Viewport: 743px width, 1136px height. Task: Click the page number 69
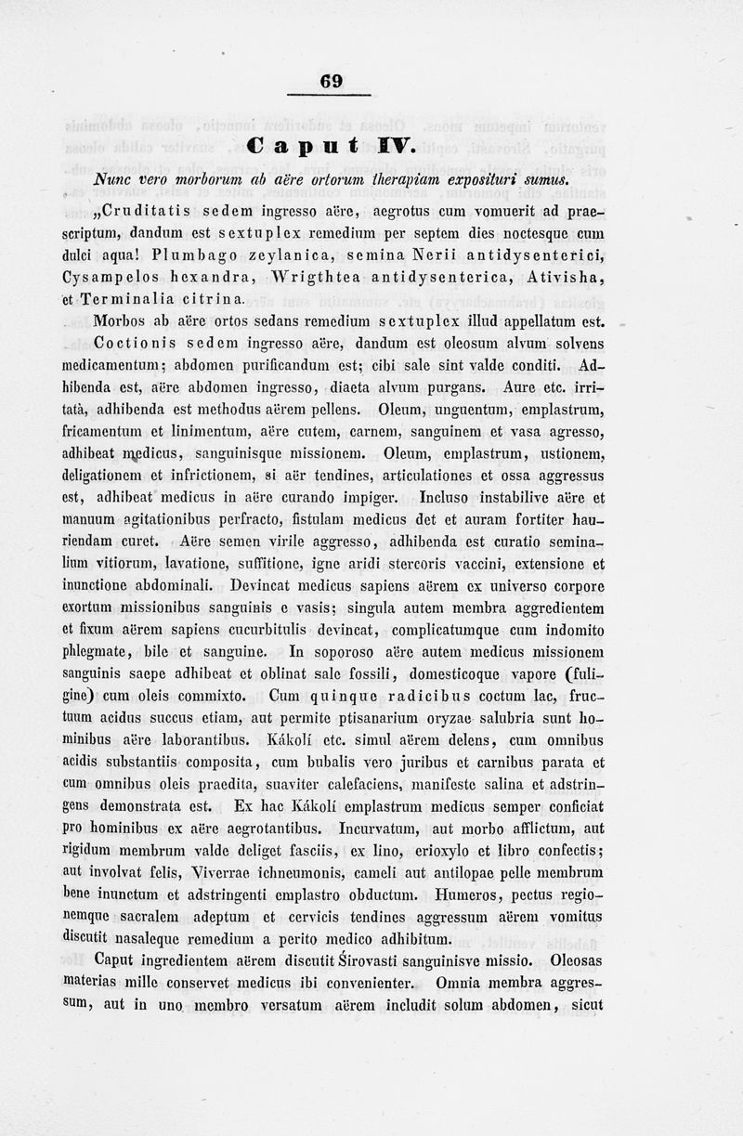(332, 82)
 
